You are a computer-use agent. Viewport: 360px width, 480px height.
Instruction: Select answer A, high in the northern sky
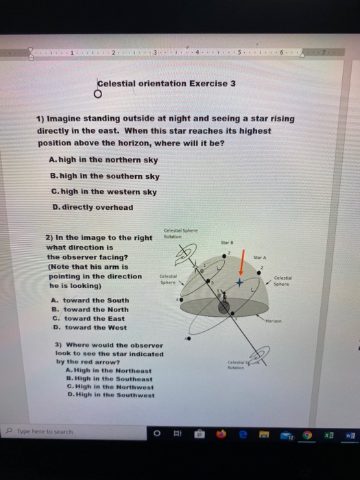click(104, 160)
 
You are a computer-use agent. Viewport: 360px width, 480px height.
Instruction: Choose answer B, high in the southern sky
click(105, 176)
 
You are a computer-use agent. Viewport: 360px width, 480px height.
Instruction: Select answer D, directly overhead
click(92, 207)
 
